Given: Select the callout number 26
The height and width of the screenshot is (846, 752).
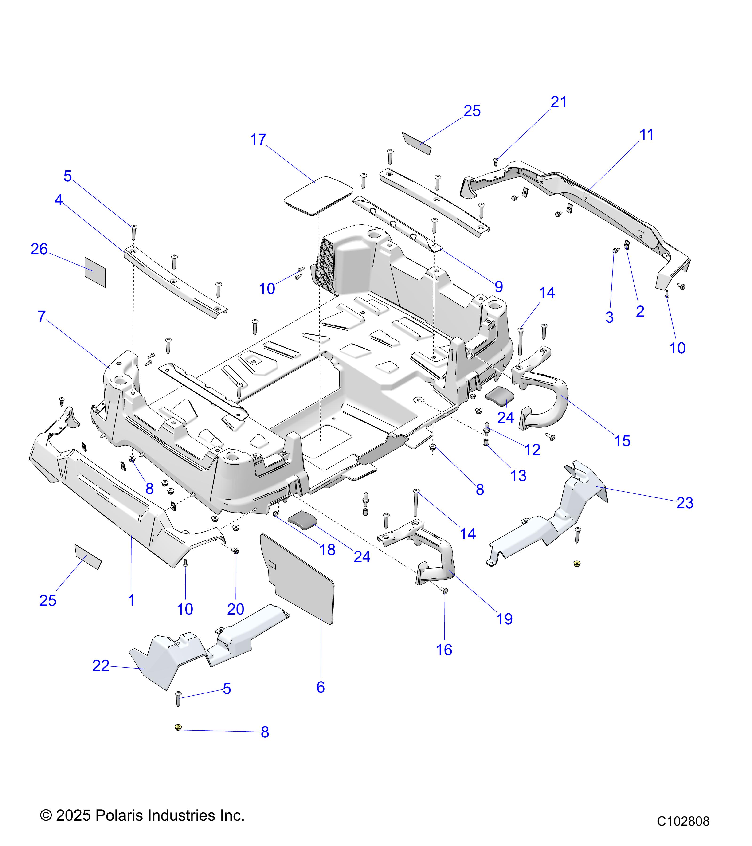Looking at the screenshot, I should click(x=39, y=249).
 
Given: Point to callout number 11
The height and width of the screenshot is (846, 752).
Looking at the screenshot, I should click(x=646, y=135).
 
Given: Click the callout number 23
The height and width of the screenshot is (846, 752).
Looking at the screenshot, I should click(x=685, y=503).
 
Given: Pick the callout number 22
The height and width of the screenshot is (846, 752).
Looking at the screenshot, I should click(x=101, y=666).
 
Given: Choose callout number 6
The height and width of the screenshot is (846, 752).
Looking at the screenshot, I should click(x=320, y=687).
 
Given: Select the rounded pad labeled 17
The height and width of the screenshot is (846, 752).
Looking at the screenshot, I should click(x=319, y=195).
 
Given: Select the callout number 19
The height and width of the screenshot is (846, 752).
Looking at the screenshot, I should click(x=505, y=619).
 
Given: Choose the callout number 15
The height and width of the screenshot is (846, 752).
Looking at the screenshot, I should click(x=622, y=441).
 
